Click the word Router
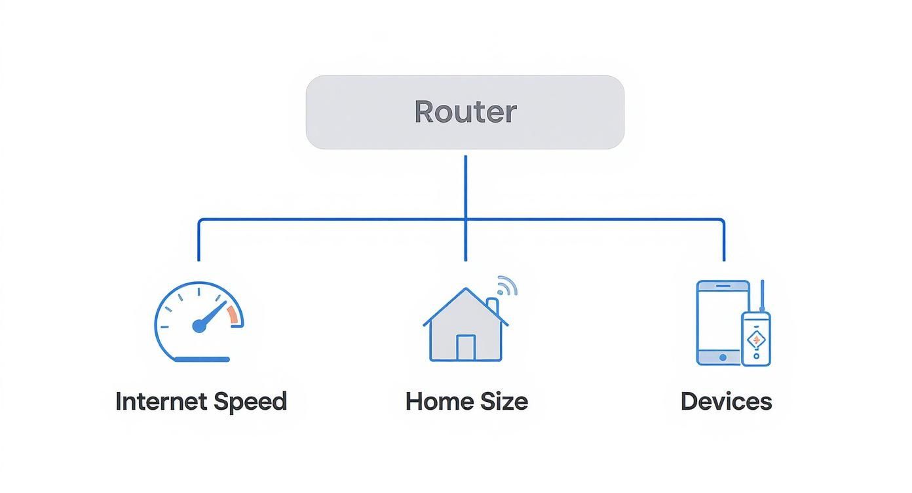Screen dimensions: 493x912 [x=465, y=112]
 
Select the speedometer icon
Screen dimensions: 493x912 [x=199, y=322]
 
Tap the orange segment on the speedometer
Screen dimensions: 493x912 [x=233, y=315]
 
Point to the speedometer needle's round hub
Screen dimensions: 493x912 [x=199, y=326]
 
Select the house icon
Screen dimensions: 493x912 [x=466, y=326]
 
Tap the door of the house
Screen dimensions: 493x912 [x=466, y=347]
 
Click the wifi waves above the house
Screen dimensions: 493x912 [x=507, y=285]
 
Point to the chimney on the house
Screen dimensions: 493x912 [x=493, y=306]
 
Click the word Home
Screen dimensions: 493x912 [x=435, y=401]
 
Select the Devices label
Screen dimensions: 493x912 [x=726, y=401]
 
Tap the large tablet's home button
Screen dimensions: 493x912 [x=723, y=357]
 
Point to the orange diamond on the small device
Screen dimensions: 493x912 [x=756, y=340]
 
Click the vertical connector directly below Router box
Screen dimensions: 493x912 [x=466, y=187]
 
